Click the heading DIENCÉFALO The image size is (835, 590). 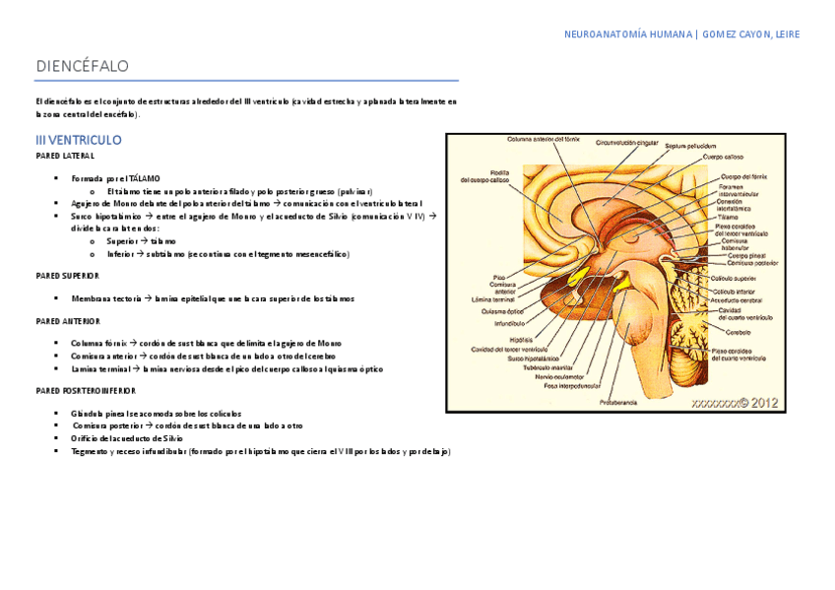[83, 66]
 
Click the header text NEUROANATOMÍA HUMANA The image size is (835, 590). [627, 34]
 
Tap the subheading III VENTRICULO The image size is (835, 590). [79, 140]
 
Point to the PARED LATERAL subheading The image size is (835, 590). [65, 156]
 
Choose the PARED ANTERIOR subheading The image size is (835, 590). [68, 320]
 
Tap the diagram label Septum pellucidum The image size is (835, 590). [688, 146]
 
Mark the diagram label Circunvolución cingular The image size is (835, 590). [626, 142]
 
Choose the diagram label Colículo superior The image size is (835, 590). [736, 279]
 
